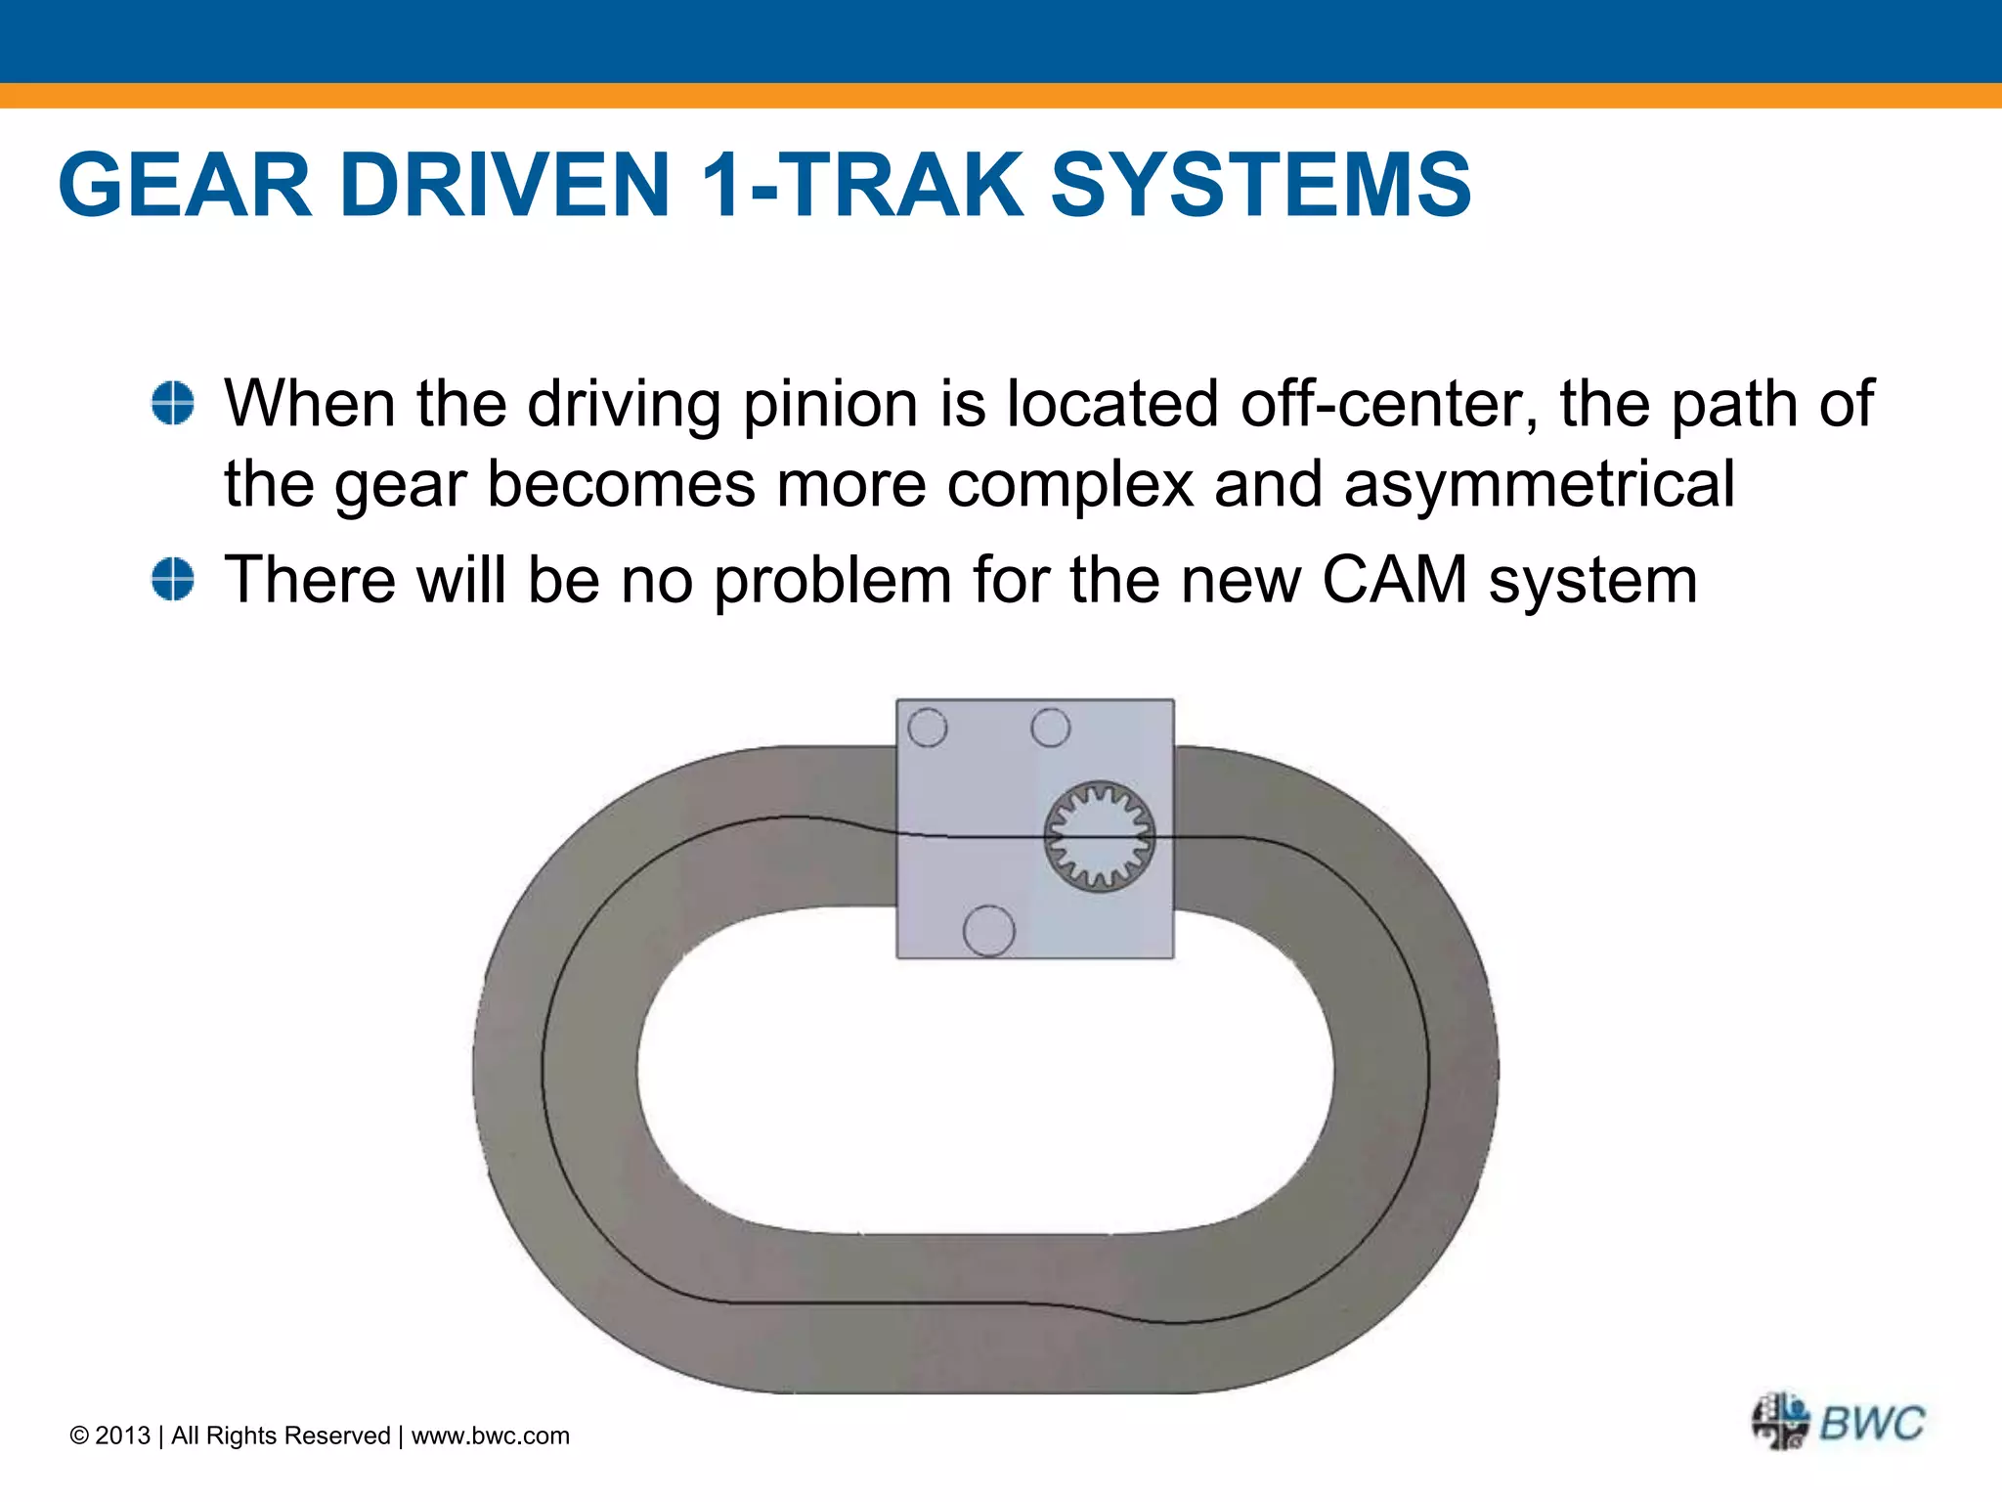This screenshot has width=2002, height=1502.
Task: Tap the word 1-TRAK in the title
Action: coord(863,185)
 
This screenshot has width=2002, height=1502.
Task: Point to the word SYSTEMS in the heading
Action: coord(1260,185)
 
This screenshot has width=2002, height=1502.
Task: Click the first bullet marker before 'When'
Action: coord(173,404)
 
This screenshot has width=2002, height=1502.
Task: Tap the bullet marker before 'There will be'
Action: coord(173,579)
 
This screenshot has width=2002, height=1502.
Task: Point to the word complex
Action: coord(1069,485)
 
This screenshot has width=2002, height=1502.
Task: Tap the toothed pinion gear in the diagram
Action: coord(1100,836)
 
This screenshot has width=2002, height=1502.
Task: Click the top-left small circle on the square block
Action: coord(928,728)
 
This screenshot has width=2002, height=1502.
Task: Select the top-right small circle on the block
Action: coord(1051,728)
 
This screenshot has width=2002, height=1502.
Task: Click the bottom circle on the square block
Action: coord(989,930)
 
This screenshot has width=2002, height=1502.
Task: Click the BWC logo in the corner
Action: coord(1839,1422)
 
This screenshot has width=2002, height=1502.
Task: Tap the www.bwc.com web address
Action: coord(490,1436)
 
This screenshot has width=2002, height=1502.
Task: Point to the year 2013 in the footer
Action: coord(122,1436)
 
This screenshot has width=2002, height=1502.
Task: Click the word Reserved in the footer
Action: coord(337,1436)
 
